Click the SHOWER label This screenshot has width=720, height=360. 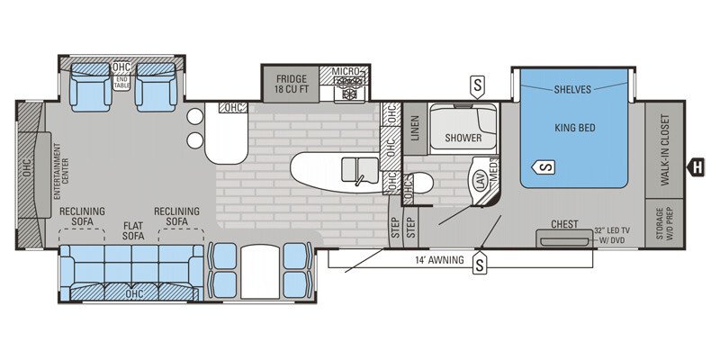pyautogui.click(x=463, y=138)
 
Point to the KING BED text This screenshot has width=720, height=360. pyautogui.click(x=576, y=129)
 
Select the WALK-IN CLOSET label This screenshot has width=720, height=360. pyautogui.click(x=666, y=150)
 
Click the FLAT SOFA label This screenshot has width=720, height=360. pyautogui.click(x=133, y=230)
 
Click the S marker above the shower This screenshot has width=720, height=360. pyautogui.click(x=478, y=85)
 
